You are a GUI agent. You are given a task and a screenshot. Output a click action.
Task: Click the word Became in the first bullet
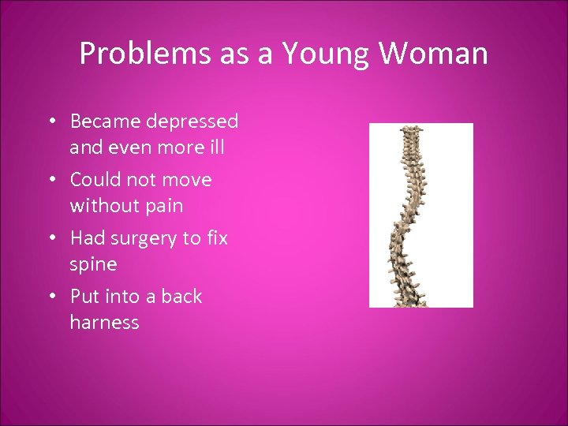(x=102, y=121)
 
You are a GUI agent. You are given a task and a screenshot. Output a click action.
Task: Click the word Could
(x=93, y=180)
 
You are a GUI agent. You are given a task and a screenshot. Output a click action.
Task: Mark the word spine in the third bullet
(x=93, y=264)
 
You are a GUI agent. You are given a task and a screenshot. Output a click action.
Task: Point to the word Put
(x=84, y=297)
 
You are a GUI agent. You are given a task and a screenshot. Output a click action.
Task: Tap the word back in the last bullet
(x=182, y=297)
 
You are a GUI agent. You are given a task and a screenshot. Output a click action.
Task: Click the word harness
(x=104, y=323)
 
